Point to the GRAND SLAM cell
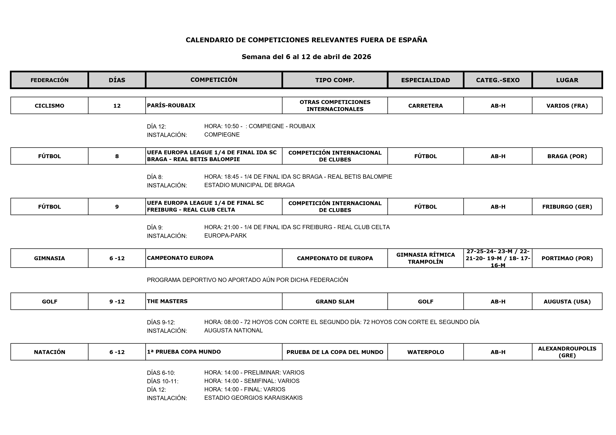click(335, 302)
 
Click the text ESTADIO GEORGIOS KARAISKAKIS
click(253, 398)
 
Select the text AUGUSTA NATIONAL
click(233, 331)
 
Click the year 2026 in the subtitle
click(362, 57)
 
